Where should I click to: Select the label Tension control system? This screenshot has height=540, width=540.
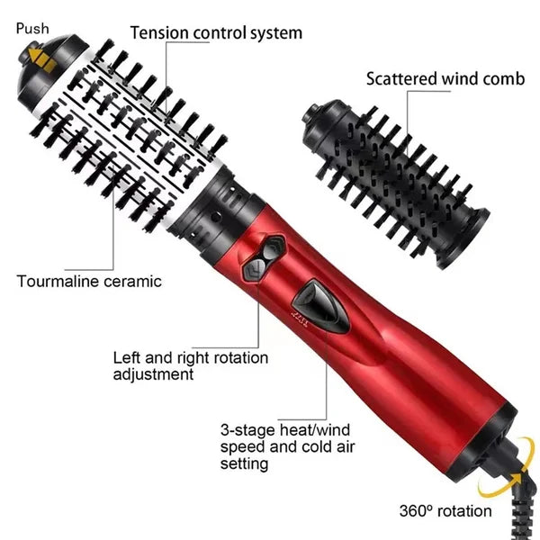(216, 33)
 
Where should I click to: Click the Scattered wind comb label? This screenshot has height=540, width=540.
(445, 78)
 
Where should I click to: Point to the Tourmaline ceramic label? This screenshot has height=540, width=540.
(89, 281)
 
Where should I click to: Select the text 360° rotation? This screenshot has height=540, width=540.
(445, 511)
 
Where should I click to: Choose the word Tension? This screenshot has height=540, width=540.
(159, 33)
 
